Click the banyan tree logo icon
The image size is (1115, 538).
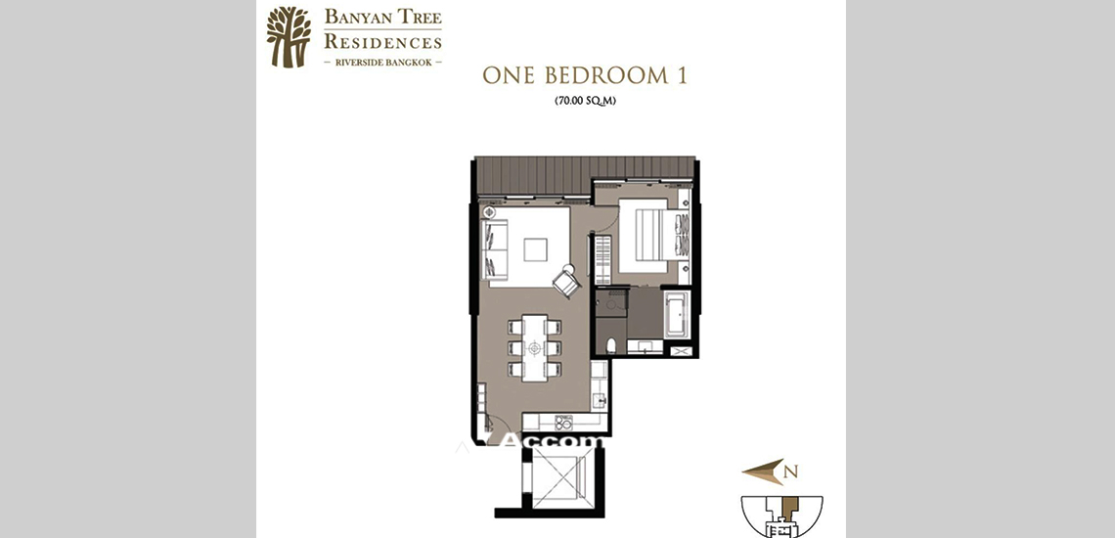(289, 37)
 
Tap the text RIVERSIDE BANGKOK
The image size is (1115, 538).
(382, 62)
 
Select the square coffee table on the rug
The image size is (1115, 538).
(536, 250)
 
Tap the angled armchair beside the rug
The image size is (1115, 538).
(566, 282)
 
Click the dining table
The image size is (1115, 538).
(534, 347)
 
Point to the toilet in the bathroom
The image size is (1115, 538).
(611, 345)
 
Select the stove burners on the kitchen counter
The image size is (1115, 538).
(563, 422)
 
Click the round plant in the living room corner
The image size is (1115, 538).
(489, 212)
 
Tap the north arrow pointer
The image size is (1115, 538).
(760, 471)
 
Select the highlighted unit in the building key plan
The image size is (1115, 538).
(789, 510)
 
